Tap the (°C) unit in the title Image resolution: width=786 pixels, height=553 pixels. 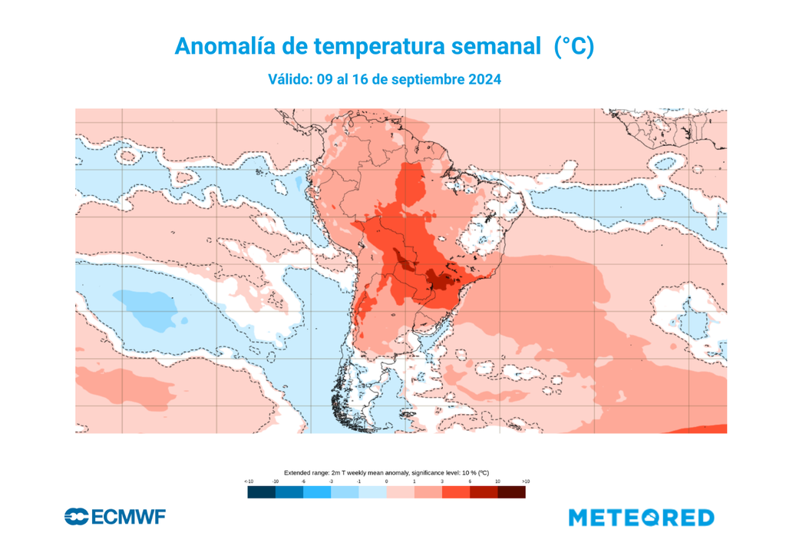[573, 46]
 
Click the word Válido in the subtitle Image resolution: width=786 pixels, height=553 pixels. [289, 80]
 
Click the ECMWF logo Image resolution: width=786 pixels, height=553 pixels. [115, 517]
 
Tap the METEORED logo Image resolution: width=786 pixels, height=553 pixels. [641, 518]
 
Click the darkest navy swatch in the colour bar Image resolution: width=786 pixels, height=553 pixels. [261, 492]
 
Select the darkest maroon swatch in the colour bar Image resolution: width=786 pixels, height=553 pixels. [512, 492]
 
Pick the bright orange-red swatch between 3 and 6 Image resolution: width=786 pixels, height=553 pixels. [456, 492]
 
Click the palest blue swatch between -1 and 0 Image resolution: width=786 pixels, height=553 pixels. [372, 492]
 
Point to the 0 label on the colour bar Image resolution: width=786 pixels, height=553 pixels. [386, 481]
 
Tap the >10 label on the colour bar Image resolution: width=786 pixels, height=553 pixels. [526, 481]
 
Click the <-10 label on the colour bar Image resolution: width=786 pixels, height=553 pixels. [249, 481]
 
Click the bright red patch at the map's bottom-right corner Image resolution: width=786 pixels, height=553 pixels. [710, 428]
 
